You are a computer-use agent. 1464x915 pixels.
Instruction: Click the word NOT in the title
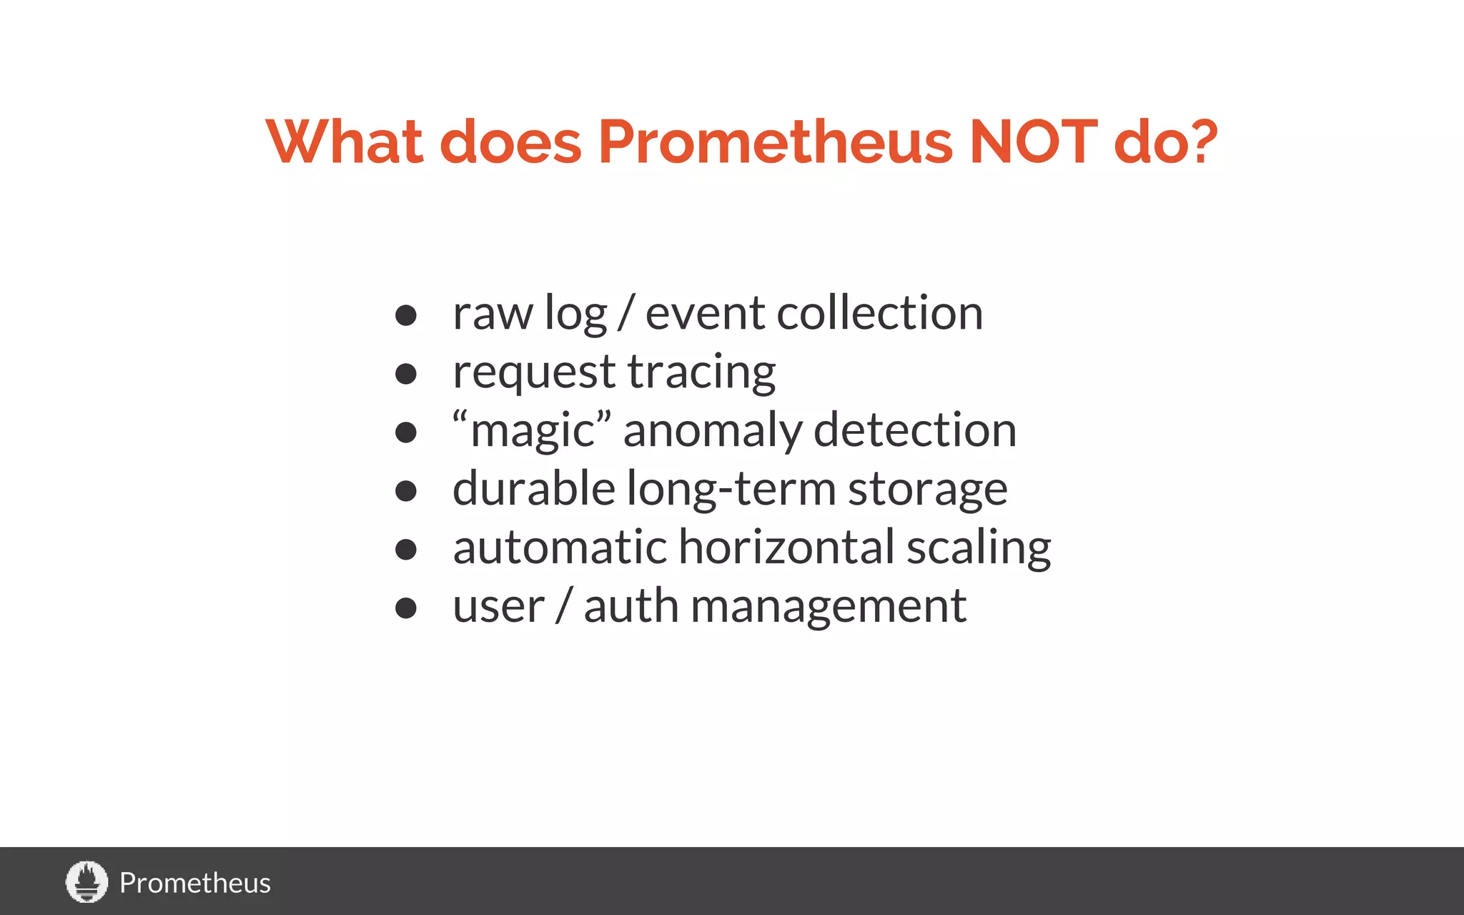(x=1033, y=142)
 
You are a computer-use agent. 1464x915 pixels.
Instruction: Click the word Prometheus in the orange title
(x=775, y=142)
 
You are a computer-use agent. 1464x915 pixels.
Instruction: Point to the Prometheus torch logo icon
(x=86, y=881)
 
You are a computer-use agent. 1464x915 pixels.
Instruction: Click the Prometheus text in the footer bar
(x=194, y=883)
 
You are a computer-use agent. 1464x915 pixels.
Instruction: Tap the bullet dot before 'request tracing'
(x=405, y=373)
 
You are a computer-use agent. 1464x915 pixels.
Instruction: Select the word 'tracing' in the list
(x=701, y=372)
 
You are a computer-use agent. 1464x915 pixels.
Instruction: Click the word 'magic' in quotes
(x=533, y=431)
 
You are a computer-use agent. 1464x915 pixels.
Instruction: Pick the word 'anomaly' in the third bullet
(x=712, y=431)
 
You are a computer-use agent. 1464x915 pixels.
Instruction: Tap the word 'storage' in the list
(x=927, y=490)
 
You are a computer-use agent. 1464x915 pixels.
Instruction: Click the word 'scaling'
(x=979, y=549)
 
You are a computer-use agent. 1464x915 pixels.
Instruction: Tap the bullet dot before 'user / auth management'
(x=405, y=608)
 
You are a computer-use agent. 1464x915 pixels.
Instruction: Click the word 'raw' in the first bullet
(x=493, y=314)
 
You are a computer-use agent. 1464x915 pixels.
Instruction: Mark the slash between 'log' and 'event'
(x=626, y=313)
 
